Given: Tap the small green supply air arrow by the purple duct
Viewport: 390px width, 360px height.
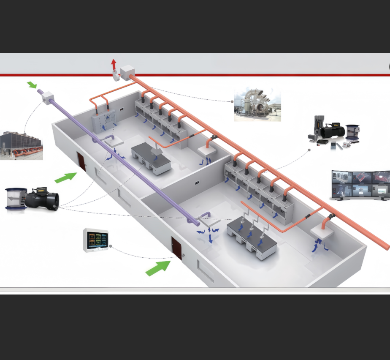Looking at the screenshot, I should (32, 85).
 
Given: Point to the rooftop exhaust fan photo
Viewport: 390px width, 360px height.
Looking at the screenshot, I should (257, 104).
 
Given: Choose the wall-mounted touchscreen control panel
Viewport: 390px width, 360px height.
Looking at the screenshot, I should (96, 240).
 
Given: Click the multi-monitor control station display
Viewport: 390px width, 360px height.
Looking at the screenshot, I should (360, 185).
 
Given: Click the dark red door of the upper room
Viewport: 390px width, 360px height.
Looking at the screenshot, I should (81, 161).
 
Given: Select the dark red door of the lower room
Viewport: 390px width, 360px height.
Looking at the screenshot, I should (176, 248).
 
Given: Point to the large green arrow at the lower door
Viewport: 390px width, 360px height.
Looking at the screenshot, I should (158, 268).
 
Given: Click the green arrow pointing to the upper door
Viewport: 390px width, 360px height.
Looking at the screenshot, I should (66, 177).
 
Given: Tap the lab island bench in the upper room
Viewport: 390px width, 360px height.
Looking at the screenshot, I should (151, 159).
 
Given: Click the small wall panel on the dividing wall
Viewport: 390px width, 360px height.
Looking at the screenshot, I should (197, 183).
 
